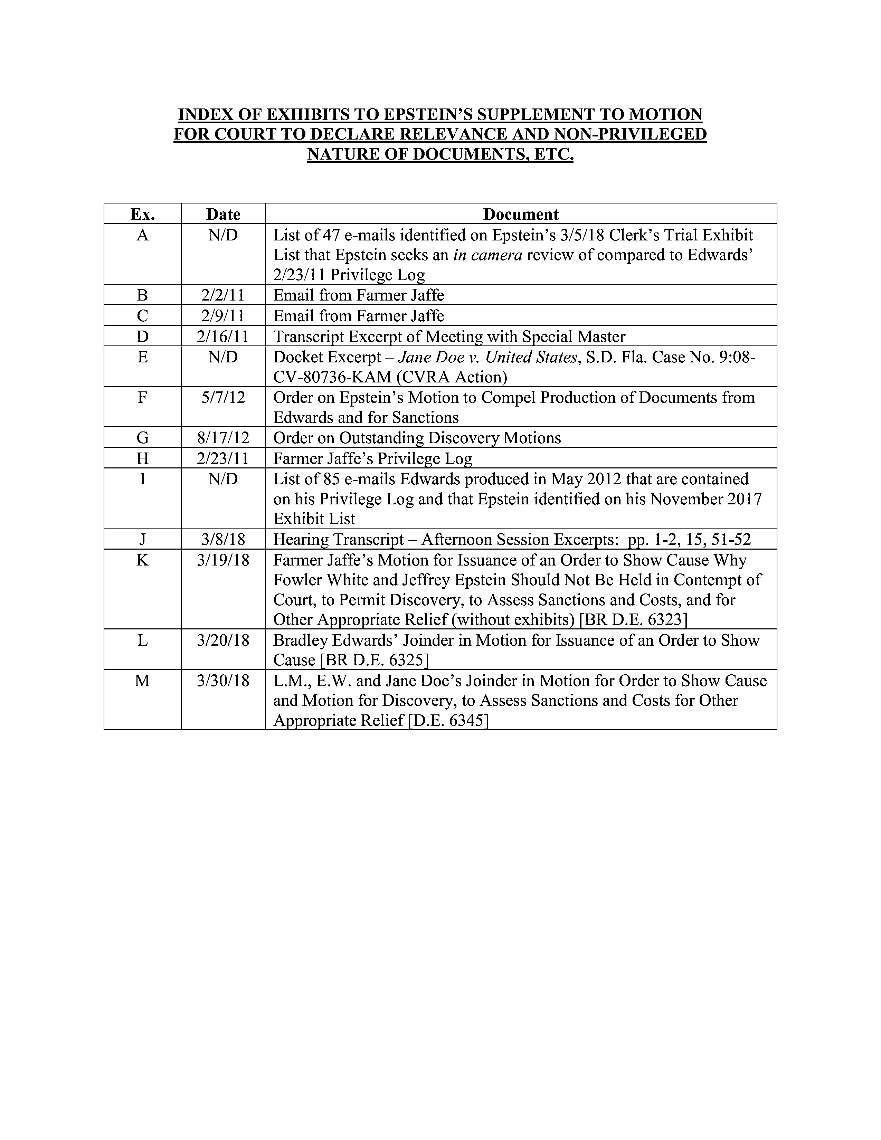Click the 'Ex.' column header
pyautogui.click(x=142, y=214)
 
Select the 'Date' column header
pyautogui.click(x=224, y=214)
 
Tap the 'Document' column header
pyautogui.click(x=521, y=214)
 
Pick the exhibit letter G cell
pyautogui.click(x=142, y=437)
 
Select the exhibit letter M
pyautogui.click(x=142, y=681)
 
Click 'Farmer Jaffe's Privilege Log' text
pyautogui.click(x=373, y=458)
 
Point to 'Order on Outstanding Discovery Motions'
pyautogui.click(x=417, y=437)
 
